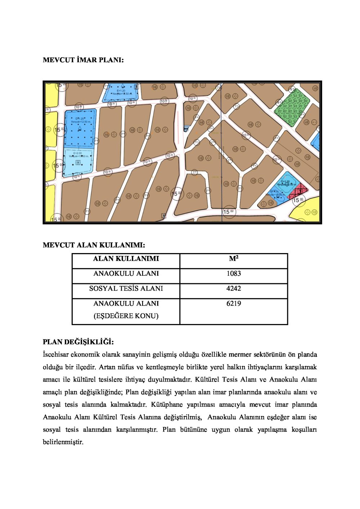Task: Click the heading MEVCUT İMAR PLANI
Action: (x=83, y=60)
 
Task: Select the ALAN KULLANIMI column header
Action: (x=126, y=259)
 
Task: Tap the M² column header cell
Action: (x=234, y=259)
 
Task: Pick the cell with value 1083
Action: (x=234, y=274)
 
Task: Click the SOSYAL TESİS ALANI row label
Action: (x=126, y=289)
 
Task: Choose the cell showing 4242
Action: (x=234, y=289)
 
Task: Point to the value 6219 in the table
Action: (x=234, y=303)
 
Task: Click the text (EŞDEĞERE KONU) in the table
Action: (x=126, y=316)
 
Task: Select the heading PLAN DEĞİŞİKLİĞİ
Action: (x=78, y=342)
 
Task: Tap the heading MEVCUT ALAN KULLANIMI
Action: (x=94, y=246)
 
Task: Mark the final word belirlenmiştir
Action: (x=63, y=442)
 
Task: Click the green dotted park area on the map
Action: (x=292, y=107)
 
